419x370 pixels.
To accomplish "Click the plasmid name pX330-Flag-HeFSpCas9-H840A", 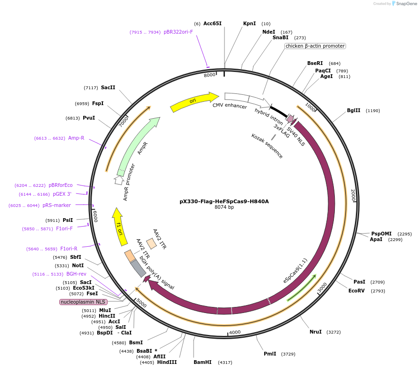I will [x=224, y=202].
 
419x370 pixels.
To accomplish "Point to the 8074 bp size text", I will [x=224, y=207].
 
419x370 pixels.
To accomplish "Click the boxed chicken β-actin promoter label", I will [x=315, y=46].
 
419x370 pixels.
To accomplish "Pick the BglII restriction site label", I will [x=354, y=111].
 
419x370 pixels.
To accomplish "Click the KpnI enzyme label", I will [x=249, y=23].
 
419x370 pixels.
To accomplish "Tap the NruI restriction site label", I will [x=316, y=332].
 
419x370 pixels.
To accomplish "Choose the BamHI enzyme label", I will [x=202, y=362].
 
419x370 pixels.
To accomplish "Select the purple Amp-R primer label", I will [x=76, y=138].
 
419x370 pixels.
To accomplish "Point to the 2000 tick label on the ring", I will [x=354, y=195].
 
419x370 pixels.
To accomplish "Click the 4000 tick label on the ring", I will [x=235, y=332].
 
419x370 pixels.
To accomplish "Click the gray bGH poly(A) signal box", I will [x=138, y=268].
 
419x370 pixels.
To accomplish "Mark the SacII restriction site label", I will [x=108, y=87].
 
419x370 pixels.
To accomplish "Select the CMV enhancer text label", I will [x=230, y=106].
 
